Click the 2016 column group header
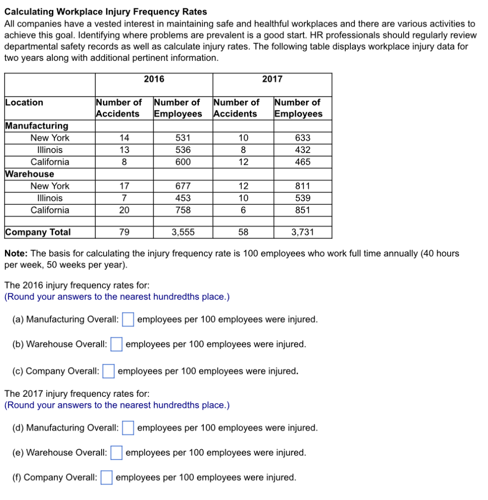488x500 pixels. click(154, 79)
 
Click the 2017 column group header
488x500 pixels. click(272, 79)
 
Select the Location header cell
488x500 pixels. click(24, 103)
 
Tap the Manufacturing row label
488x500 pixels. click(37, 126)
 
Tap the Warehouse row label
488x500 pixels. click(30, 174)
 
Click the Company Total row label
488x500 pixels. click(38, 232)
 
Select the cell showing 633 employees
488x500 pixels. click(302, 138)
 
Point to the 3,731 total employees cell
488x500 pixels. click(302, 232)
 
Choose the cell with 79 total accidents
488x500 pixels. click(124, 232)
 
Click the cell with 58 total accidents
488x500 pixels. click(243, 232)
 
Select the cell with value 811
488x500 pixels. click(302, 186)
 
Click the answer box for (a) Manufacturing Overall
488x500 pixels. click(128, 320)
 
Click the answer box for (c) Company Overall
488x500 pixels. click(109, 371)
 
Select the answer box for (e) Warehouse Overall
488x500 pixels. click(116, 453)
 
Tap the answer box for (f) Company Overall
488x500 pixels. click(107, 478)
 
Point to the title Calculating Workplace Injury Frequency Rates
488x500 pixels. click(106, 12)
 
